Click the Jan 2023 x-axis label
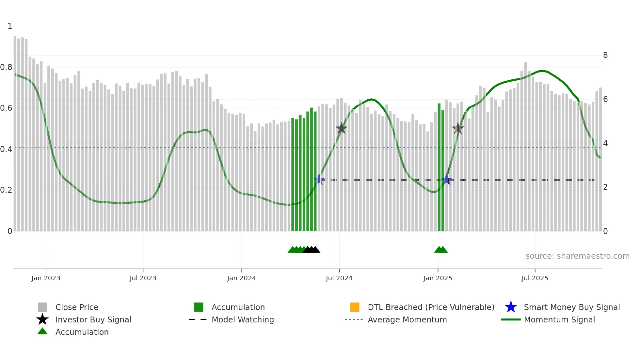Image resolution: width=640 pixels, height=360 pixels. [x=46, y=278]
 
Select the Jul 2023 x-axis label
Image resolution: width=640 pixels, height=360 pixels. [x=143, y=278]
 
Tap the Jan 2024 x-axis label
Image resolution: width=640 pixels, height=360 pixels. [x=241, y=278]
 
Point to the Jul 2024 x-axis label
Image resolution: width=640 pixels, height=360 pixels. [x=339, y=278]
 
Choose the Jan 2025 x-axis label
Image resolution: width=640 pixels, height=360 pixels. [x=438, y=278]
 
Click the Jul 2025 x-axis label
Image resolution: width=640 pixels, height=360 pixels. [x=535, y=278]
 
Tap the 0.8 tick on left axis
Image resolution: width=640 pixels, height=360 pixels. [x=6, y=67]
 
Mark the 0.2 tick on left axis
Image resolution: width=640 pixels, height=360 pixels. [x=6, y=190]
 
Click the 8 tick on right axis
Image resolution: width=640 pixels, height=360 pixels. [x=605, y=55]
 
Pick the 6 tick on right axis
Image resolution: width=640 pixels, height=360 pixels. [x=605, y=99]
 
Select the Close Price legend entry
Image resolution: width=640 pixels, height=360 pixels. [x=77, y=307]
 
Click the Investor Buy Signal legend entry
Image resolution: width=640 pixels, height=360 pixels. [x=93, y=319]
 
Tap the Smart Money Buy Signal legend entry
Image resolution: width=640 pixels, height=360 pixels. [x=571, y=307]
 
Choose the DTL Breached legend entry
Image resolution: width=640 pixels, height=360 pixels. [x=431, y=307]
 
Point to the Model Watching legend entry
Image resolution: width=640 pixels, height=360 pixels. [x=243, y=319]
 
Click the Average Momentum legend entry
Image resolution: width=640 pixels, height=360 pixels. [x=407, y=319]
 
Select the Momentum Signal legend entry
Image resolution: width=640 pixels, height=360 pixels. [x=559, y=319]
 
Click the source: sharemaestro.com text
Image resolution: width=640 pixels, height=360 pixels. [x=577, y=256]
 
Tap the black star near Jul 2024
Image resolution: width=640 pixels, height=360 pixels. [x=341, y=128]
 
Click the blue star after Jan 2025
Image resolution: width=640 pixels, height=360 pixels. [x=447, y=180]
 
